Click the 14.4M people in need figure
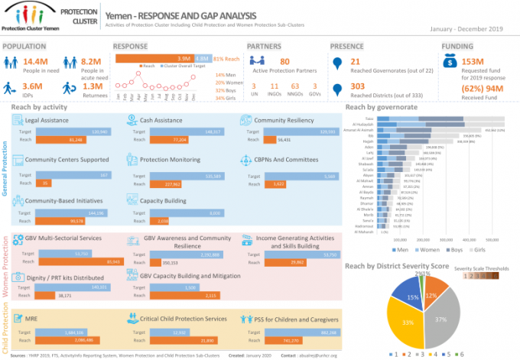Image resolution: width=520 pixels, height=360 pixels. pos(37,61)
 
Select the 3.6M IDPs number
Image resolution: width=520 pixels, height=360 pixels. pos(33,87)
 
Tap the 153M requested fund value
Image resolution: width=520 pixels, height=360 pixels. pos(474,61)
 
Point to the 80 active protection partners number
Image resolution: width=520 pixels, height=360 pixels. pos(284,61)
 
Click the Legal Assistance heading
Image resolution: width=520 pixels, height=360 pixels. pos(47,120)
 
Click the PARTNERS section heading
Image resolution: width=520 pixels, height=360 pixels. pos(265,46)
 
